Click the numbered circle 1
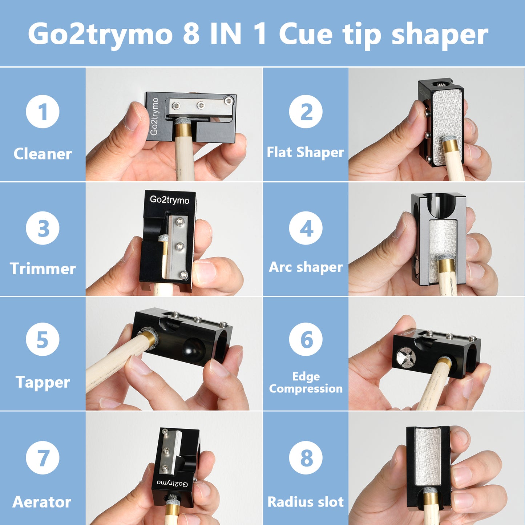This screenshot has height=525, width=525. pos(43,112)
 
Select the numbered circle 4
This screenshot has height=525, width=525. pos(306,228)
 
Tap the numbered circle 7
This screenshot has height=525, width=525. pos(43,457)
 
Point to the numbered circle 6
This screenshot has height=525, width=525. pos(306,339)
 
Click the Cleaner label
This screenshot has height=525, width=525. pos(43,154)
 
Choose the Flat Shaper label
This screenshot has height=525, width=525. pos(305,152)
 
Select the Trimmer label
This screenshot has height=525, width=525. pos(43,268)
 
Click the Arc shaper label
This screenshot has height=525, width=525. pos(306,267)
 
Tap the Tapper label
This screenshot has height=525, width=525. pos(43,382)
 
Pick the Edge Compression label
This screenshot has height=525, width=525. pos(306,383)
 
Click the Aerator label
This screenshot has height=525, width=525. pos(42,502)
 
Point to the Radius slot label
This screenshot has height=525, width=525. pos(306,502)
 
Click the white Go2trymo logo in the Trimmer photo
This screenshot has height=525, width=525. pos(169,200)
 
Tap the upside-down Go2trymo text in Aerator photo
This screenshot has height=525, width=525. pos(172,483)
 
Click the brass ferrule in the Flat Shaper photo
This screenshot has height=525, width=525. pos(451,146)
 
